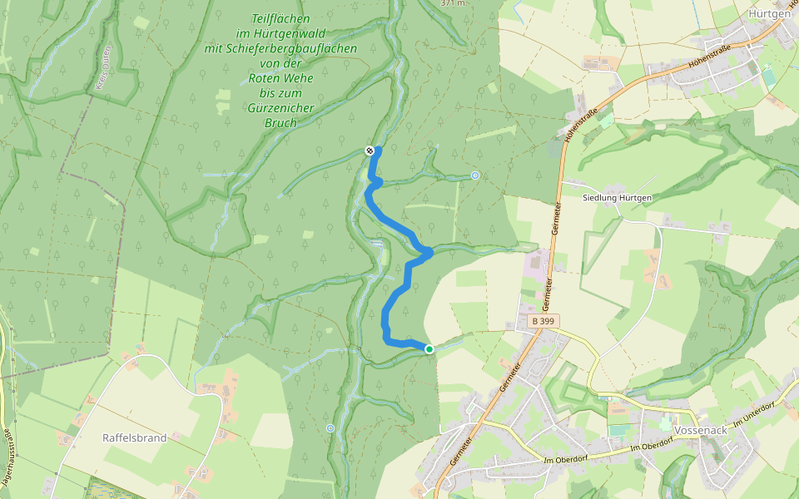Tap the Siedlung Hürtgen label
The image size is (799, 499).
(617, 197)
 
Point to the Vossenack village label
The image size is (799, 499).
(702, 430)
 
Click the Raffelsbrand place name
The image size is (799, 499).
(135, 437)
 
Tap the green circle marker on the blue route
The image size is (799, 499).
(429, 349)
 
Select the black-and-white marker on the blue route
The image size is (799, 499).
(370, 151)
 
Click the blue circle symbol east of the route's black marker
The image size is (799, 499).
(474, 175)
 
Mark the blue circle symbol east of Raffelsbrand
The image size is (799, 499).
(330, 428)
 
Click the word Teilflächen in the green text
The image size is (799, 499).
(280, 18)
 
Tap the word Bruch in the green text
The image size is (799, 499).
(280, 123)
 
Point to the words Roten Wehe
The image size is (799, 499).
(280, 78)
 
